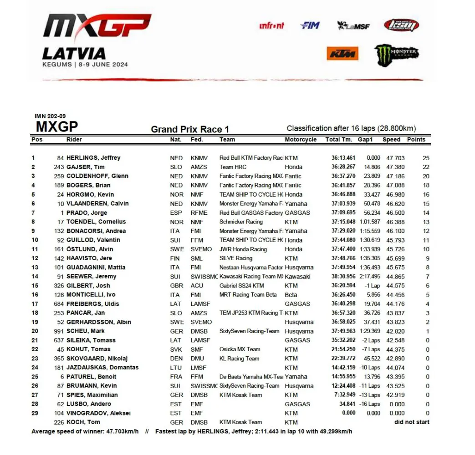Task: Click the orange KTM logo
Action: pyautogui.click(x=342, y=54)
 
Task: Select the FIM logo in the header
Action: pyautogui.click(x=310, y=25)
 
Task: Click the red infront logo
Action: pyautogui.click(x=271, y=26)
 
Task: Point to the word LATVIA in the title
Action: pyautogui.click(x=74, y=54)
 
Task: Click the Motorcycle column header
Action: pyautogui.click(x=301, y=140)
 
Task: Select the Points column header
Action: pyautogui.click(x=416, y=140)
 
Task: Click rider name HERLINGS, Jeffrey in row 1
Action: pyautogui.click(x=93, y=158)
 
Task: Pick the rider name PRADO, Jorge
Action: pyautogui.click(x=87, y=212)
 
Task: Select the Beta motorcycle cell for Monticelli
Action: pyautogui.click(x=291, y=295)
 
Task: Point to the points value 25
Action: pyautogui.click(x=426, y=158)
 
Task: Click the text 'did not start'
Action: pyautogui.click(x=412, y=422)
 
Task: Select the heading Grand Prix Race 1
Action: pyautogui.click(x=190, y=130)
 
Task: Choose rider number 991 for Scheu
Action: pyautogui.click(x=57, y=331)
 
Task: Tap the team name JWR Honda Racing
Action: pyautogui.click(x=243, y=249)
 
